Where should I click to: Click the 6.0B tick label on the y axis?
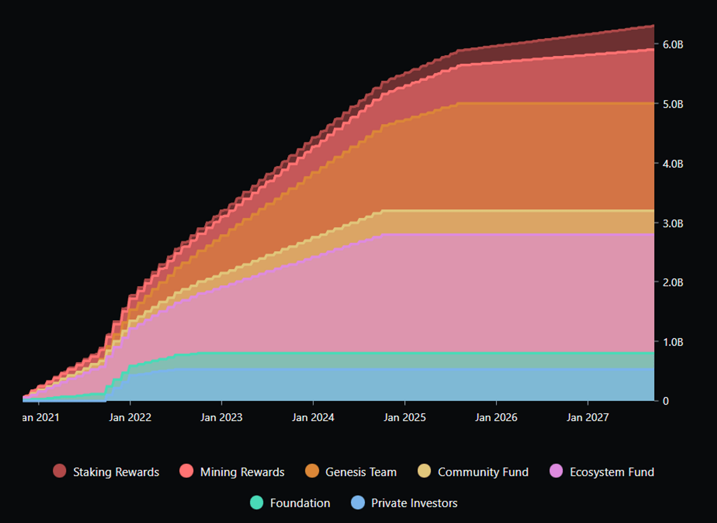click(x=672, y=45)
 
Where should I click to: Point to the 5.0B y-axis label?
click(x=672, y=104)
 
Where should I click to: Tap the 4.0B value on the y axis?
click(x=672, y=164)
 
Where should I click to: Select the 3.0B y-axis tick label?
click(x=672, y=223)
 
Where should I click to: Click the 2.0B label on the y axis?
click(x=672, y=283)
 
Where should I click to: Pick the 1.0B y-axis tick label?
click(x=672, y=342)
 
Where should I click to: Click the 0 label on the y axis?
click(x=665, y=401)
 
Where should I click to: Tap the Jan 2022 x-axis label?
click(x=130, y=417)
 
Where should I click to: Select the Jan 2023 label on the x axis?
click(x=221, y=417)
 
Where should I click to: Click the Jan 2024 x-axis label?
click(x=313, y=417)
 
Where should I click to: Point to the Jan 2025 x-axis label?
click(x=405, y=417)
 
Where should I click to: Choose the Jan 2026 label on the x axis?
click(x=496, y=417)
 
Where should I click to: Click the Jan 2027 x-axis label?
click(x=588, y=417)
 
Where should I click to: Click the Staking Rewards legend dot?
click(x=60, y=471)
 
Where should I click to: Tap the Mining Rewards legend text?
click(x=242, y=472)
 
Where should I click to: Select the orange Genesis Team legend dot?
click(x=312, y=471)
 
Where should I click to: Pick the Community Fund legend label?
click(x=483, y=472)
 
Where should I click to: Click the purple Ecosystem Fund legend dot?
click(x=556, y=471)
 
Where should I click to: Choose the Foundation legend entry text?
click(x=300, y=503)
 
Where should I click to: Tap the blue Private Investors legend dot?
click(x=358, y=502)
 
